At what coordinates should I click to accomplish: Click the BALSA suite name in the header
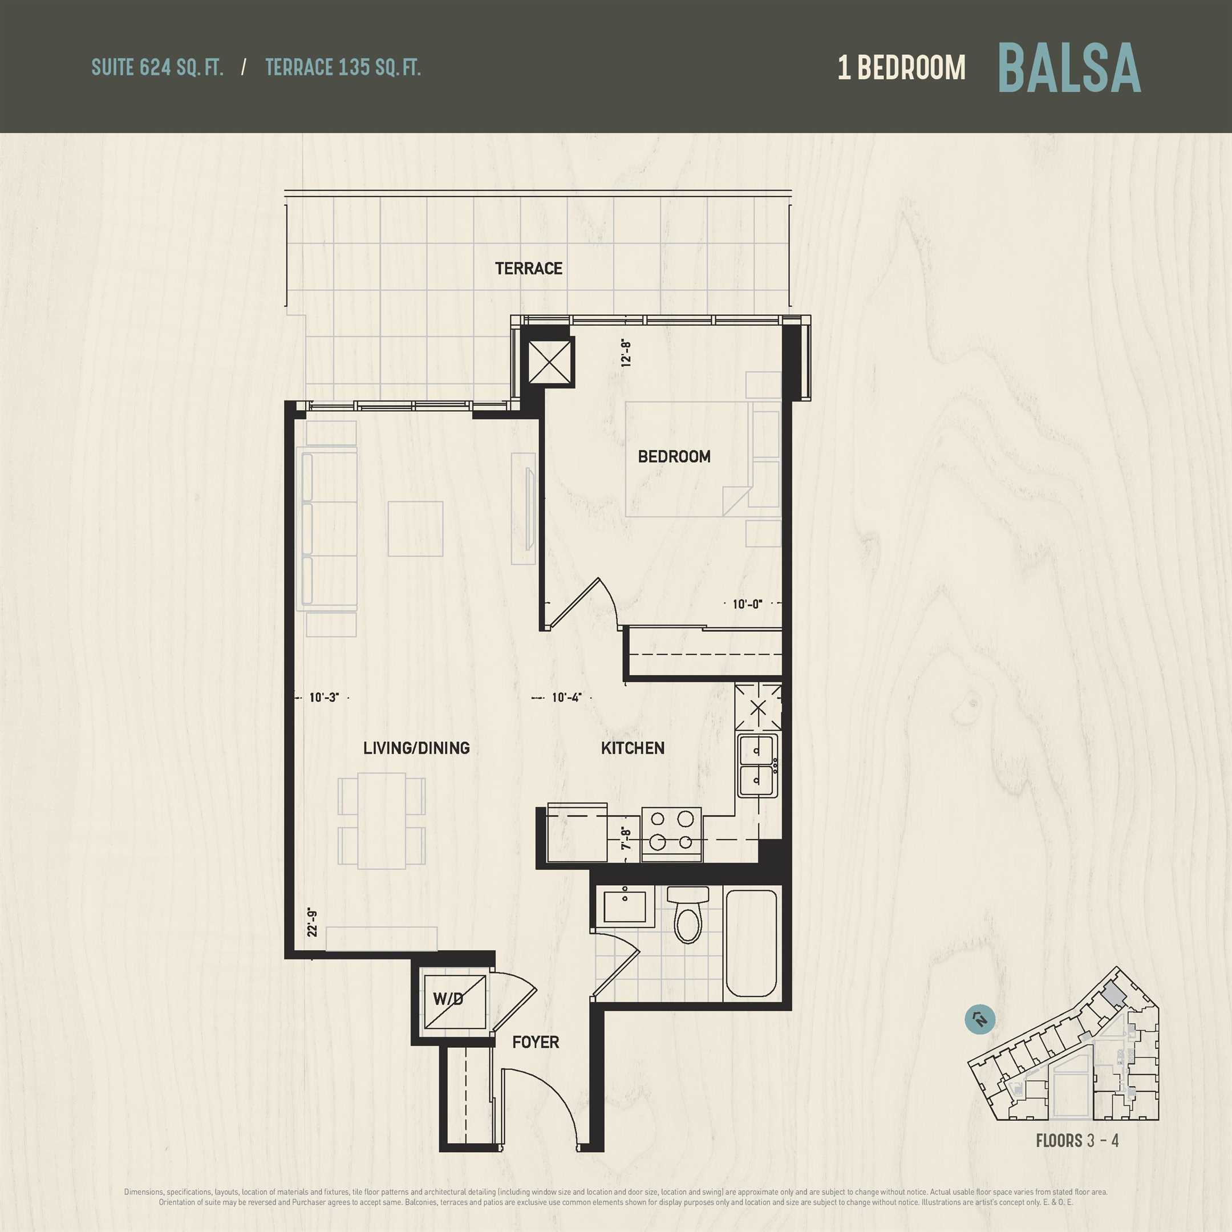[1069, 68]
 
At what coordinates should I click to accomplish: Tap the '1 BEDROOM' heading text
[901, 68]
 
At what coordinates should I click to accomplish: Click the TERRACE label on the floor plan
[529, 269]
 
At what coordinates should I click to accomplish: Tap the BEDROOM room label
[674, 456]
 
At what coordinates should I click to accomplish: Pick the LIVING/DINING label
[416, 748]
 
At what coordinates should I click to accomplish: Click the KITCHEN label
[633, 748]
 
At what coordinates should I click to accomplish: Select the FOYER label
[536, 1042]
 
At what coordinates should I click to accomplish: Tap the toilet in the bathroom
[688, 914]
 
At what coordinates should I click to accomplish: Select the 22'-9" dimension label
[312, 923]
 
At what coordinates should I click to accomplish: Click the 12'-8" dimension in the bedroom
[626, 353]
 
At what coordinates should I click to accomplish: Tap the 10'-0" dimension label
[747, 604]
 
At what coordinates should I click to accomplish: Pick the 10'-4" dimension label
[567, 698]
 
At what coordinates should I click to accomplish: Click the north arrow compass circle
[979, 1020]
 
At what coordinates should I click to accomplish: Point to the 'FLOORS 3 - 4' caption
[1077, 1141]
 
